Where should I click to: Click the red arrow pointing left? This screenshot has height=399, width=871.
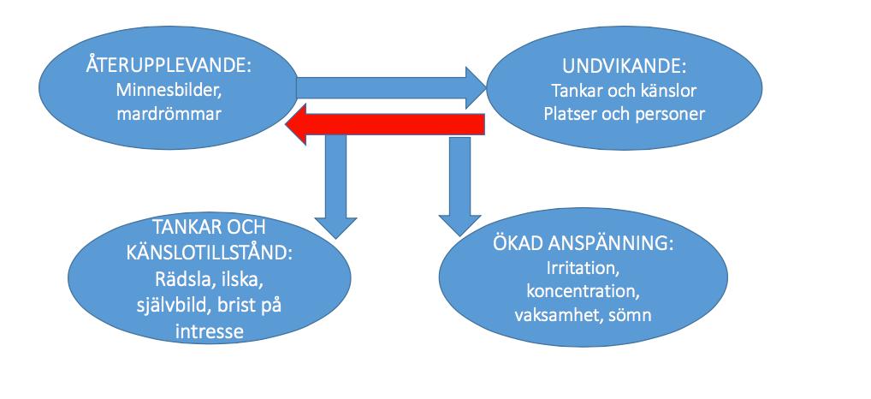point(385,124)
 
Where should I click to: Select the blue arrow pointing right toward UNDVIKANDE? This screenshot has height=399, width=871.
point(392,88)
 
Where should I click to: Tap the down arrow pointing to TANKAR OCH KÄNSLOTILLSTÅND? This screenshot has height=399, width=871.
point(335,188)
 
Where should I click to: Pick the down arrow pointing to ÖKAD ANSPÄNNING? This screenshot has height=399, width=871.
point(460,187)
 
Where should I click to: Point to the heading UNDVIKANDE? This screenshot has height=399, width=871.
point(624,67)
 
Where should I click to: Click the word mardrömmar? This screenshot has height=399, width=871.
point(169,114)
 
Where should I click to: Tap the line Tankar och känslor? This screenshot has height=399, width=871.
point(624,90)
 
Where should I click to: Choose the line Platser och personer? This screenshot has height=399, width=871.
point(624,114)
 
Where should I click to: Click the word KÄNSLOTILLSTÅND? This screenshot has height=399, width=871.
point(209,253)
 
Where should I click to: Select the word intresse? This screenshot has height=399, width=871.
point(209,331)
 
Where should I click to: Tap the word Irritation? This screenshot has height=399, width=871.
point(583,268)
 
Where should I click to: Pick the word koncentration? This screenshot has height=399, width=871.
point(583,292)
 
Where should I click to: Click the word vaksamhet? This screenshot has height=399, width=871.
point(557,316)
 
